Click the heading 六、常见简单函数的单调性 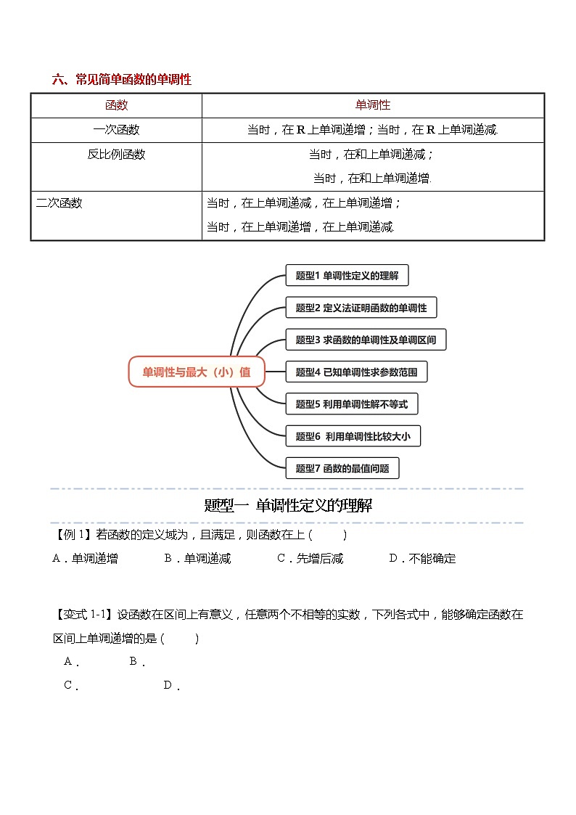tap(122, 80)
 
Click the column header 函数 tap(116, 105)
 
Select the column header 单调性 tap(373, 105)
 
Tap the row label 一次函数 tap(116, 130)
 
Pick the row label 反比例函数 tap(116, 155)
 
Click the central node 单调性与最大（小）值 tap(197, 372)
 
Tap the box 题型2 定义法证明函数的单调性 tap(361, 308)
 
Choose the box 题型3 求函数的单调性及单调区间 tap(366, 340)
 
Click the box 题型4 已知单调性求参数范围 tap(356, 372)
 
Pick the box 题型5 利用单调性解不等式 tap(352, 404)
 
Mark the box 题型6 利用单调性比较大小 tap(353, 436)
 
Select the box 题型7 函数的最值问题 tap(342, 468)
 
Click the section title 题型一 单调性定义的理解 tap(288, 506)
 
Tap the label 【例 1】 tap(73, 535)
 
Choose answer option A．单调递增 tap(86, 559)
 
